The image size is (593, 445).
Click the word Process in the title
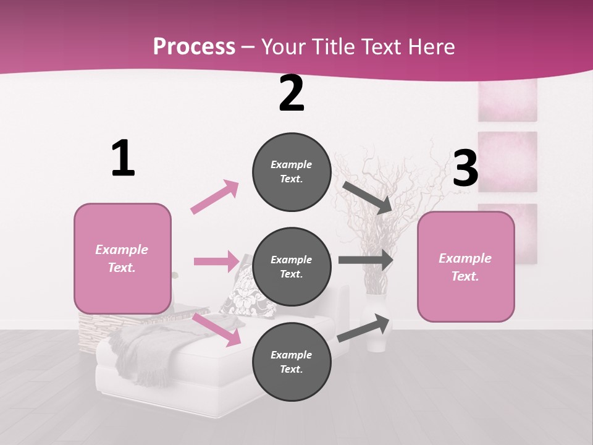click(194, 46)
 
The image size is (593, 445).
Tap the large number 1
click(123, 158)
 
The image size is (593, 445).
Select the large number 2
click(292, 93)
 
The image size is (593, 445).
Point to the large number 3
click(465, 169)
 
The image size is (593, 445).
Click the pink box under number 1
click(122, 258)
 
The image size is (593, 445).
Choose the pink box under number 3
click(466, 266)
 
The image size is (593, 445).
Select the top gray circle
click(292, 172)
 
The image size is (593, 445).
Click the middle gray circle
click(292, 267)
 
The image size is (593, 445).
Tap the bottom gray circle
click(292, 362)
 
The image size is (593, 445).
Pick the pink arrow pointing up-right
click(215, 197)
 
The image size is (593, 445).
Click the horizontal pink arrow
click(216, 261)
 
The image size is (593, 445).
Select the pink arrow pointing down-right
click(217, 329)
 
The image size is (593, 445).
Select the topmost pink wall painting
click(507, 100)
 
